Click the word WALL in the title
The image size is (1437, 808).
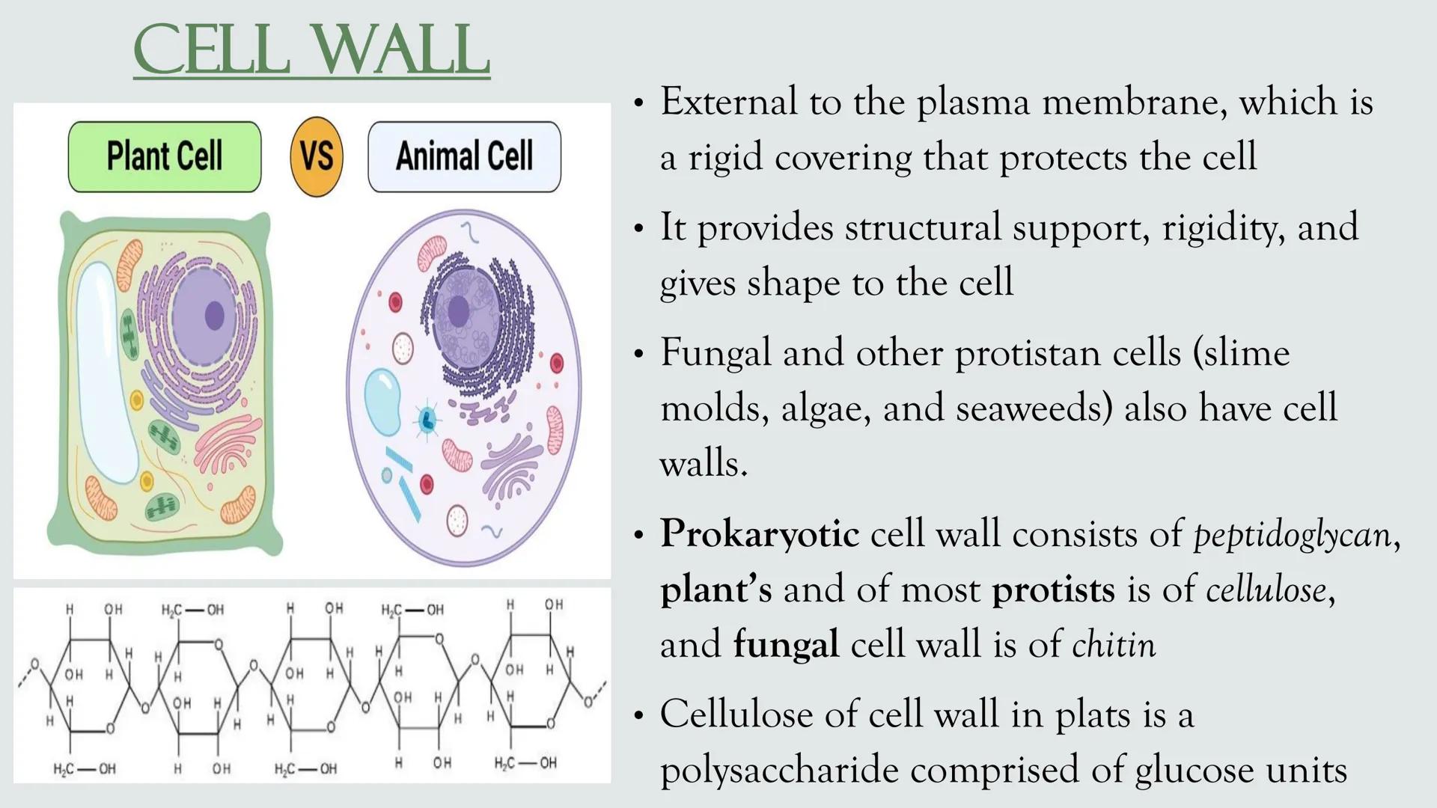[400, 51]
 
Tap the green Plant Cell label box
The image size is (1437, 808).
[165, 156]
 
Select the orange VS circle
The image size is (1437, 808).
[317, 156]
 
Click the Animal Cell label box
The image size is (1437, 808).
[464, 156]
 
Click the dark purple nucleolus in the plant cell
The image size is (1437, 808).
[215, 316]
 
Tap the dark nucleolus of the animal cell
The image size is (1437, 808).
[458, 310]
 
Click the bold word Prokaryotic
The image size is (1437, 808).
[759, 534]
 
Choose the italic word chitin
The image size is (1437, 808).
[1114, 645]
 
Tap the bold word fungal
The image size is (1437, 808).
[786, 645]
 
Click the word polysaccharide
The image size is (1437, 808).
[779, 771]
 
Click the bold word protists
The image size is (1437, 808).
[1053, 590]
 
